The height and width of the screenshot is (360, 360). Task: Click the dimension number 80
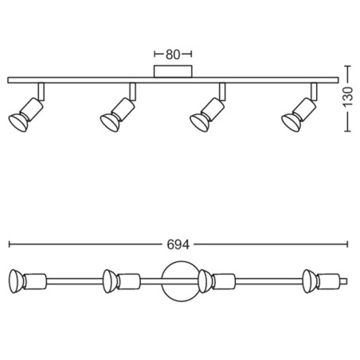pos(173,54)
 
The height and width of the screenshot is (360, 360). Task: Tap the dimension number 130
pos(348,96)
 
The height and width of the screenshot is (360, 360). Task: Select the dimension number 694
pos(178,245)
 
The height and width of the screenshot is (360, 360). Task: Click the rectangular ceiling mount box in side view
pos(173,72)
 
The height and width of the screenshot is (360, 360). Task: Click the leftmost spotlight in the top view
pos(28,281)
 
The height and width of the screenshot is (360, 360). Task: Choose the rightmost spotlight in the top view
pos(322,281)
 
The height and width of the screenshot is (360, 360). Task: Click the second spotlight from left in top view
pos(122,281)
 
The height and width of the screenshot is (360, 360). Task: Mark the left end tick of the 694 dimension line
pos(10,245)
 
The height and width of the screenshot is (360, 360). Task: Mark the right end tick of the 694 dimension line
pos(347,245)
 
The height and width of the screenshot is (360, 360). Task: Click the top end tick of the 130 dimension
pos(347,66)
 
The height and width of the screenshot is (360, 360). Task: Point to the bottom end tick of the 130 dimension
pos(347,131)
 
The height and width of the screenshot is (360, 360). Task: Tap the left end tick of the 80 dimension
pos(155,54)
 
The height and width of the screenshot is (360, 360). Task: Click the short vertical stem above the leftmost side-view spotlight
pos(41,92)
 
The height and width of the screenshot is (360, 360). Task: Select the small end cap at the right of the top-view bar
pos(344,281)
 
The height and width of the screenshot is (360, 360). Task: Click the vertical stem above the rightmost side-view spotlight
pos(314,92)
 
